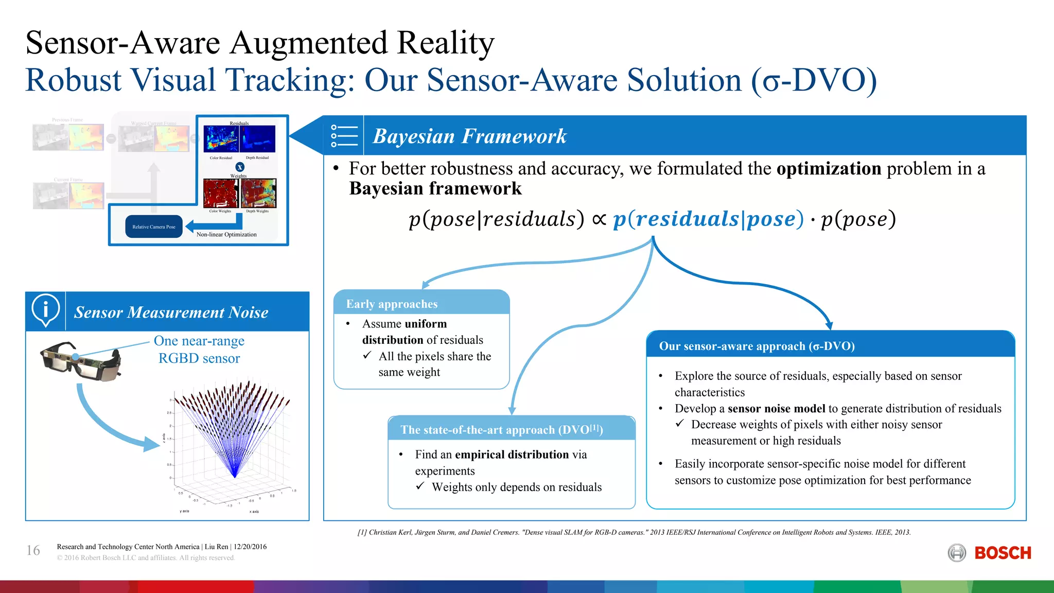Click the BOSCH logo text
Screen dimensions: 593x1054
(x=1003, y=553)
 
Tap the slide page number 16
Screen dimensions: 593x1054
(x=33, y=550)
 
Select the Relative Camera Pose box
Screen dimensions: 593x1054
(x=154, y=226)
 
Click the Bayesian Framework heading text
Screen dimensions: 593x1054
(x=469, y=136)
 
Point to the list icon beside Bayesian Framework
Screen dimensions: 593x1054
(x=344, y=136)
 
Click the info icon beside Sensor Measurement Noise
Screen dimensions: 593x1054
(x=45, y=310)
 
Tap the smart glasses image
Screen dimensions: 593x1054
(x=81, y=362)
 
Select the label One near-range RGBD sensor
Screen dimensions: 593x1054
(x=199, y=350)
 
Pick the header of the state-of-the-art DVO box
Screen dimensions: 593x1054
(x=502, y=430)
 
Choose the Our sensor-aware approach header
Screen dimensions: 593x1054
(x=757, y=346)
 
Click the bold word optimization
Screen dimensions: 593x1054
(x=829, y=169)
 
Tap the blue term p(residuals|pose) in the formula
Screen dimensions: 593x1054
(x=708, y=219)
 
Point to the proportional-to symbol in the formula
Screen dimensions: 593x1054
(x=599, y=219)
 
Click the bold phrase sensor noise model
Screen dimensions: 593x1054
(x=776, y=409)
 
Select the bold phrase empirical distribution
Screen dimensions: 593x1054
(x=512, y=455)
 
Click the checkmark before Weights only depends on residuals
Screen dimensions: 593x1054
(x=420, y=486)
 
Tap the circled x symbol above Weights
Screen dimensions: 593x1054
(x=240, y=167)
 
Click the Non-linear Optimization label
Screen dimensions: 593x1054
(x=226, y=235)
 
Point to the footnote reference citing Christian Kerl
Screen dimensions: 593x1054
(x=634, y=532)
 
